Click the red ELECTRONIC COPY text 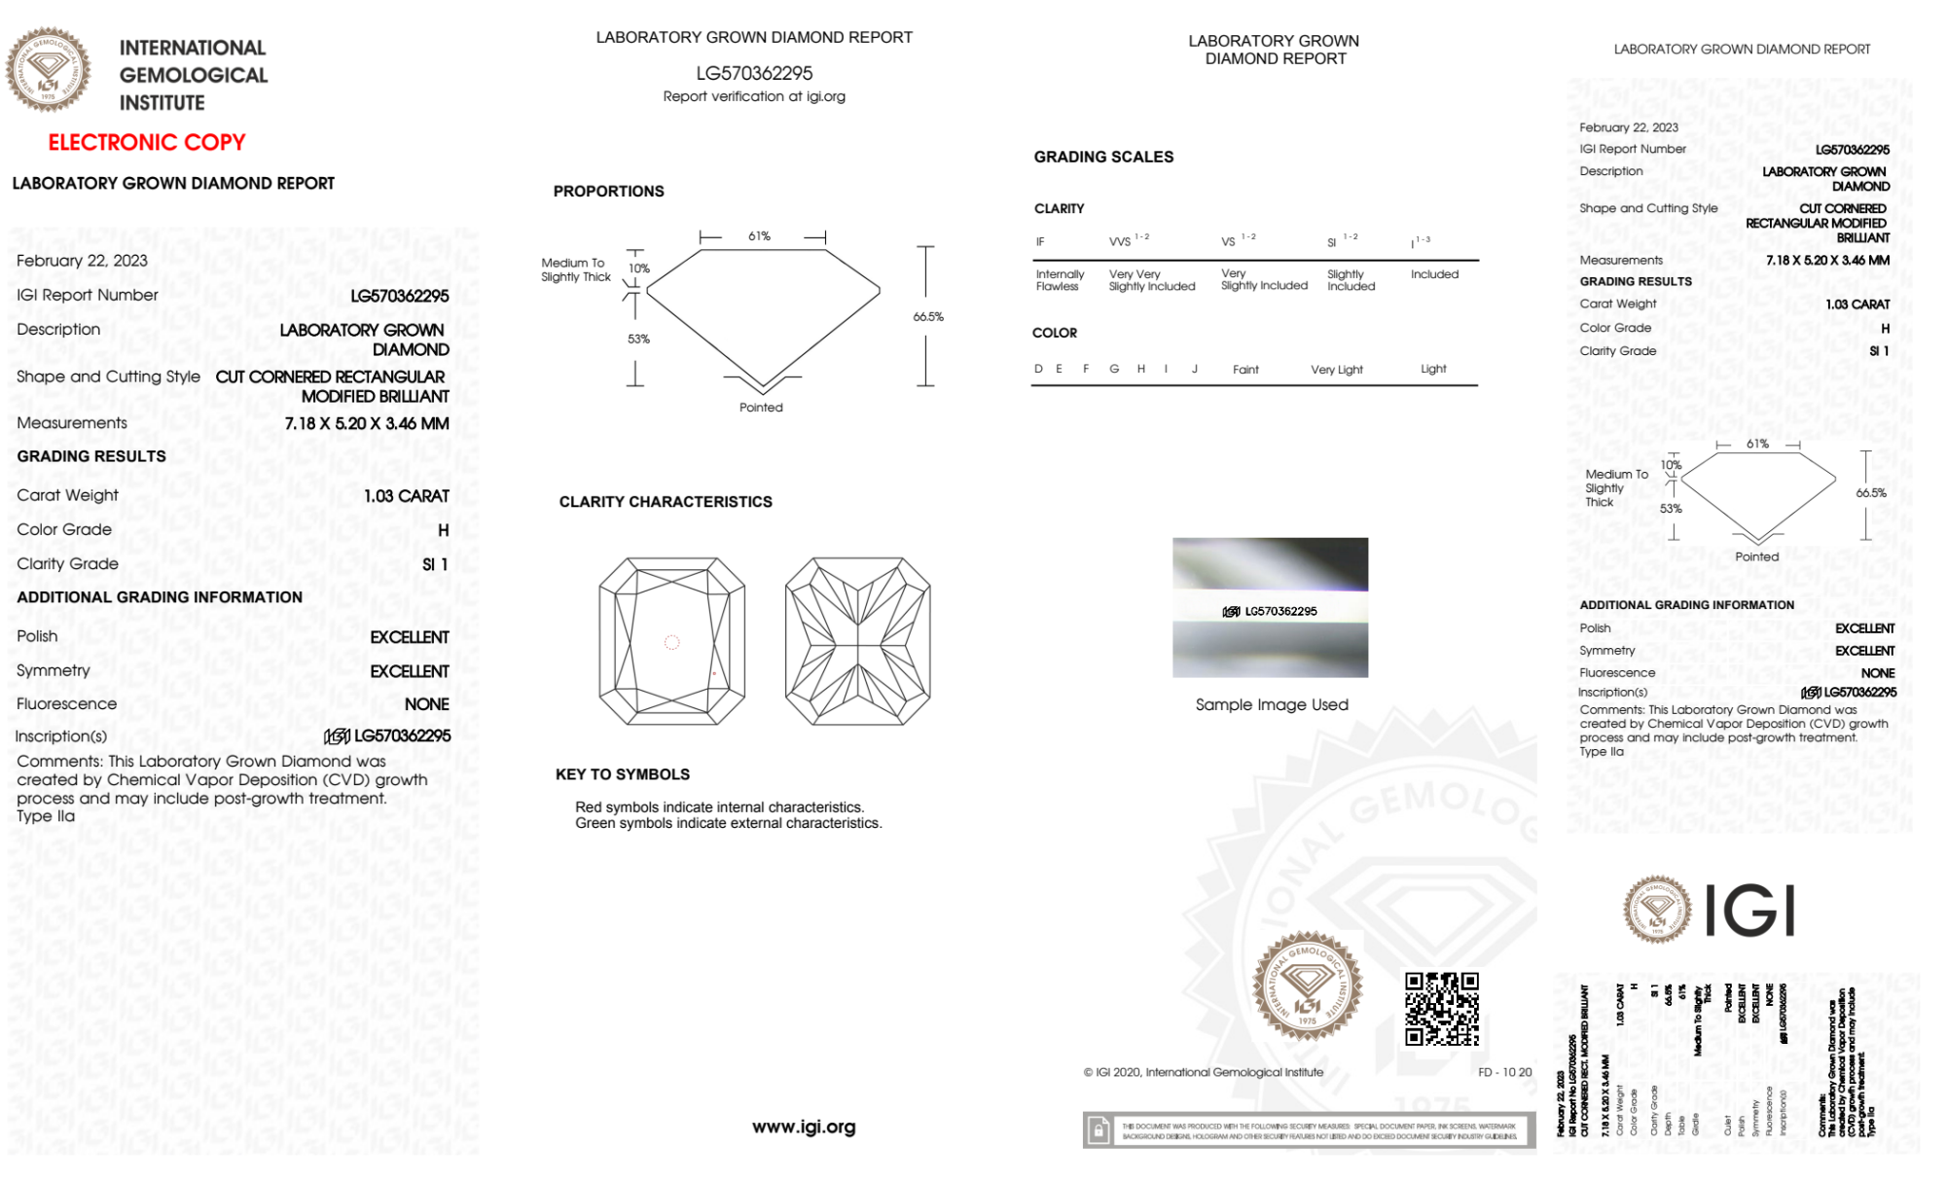point(147,143)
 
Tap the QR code point(1441,1009)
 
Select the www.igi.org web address point(804,1127)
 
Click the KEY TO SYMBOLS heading point(623,774)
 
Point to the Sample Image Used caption point(1272,704)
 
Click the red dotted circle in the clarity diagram point(671,642)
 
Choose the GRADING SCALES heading point(1103,157)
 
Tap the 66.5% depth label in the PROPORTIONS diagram point(928,317)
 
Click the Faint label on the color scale point(1245,370)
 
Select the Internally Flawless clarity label point(1060,280)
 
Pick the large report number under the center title point(754,73)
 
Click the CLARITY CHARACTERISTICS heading point(666,502)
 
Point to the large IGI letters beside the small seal point(1750,912)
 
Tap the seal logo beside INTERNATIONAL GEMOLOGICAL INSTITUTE point(49,70)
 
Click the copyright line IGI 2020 point(1204,1072)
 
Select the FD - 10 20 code point(1504,1072)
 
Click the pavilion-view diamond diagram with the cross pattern point(857,641)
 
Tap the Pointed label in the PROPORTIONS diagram point(761,408)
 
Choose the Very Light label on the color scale point(1337,370)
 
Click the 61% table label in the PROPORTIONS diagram point(759,236)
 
